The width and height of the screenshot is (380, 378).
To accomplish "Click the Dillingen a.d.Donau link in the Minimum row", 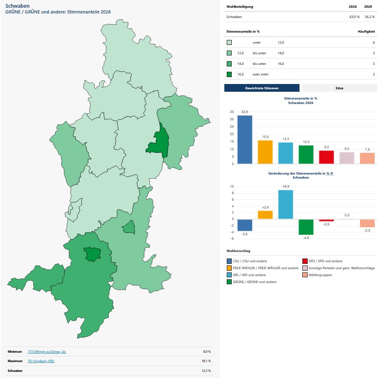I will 47,351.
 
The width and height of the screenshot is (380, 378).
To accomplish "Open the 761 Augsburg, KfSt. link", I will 41,361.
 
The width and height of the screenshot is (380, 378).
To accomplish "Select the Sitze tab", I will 339,88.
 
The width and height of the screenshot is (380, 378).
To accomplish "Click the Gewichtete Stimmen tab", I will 262,88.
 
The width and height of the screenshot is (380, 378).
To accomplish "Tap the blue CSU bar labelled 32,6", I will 245,139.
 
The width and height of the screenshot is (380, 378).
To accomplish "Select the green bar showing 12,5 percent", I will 306,155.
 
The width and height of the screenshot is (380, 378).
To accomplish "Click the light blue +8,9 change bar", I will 286,204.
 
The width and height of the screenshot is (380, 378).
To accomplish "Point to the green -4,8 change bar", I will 306,227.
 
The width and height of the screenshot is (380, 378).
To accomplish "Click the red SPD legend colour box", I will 305,261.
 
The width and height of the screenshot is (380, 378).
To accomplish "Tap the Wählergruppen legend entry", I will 320,275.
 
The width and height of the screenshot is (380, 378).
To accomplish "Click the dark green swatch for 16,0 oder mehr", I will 229,74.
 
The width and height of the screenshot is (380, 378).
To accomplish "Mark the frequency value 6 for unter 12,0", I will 373,42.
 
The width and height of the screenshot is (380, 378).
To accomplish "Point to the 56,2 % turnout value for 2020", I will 369,17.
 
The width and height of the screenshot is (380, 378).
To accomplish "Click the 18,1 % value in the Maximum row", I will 207,361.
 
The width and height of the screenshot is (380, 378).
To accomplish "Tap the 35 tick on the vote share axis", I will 232,112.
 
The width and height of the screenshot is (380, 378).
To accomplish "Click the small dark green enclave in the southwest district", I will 92,254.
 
